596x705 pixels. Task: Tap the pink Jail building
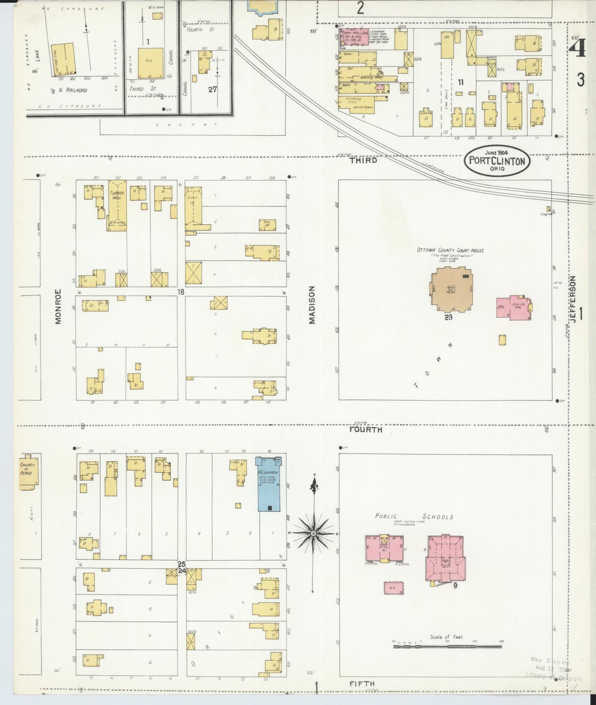click(x=514, y=308)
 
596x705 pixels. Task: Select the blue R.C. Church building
click(x=269, y=484)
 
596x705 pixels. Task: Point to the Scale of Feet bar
click(x=448, y=647)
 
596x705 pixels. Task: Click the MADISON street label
click(x=312, y=305)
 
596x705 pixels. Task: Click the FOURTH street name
click(x=365, y=430)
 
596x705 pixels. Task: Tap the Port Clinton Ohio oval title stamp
click(x=497, y=161)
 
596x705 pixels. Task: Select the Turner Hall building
click(x=117, y=205)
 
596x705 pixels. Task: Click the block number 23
click(x=448, y=317)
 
